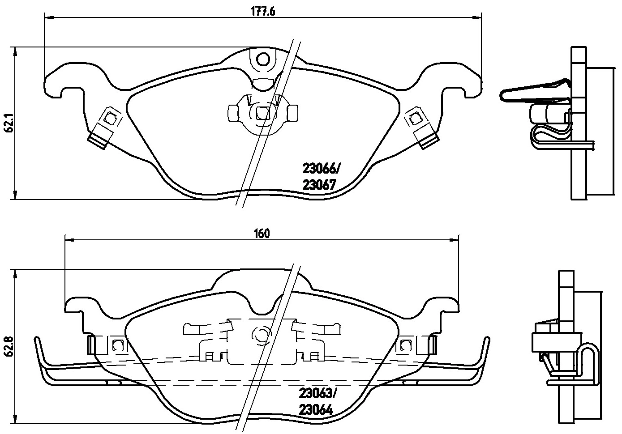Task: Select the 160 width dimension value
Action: tap(262, 233)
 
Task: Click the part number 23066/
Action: tap(322, 169)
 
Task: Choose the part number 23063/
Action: tap(317, 393)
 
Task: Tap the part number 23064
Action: tap(316, 409)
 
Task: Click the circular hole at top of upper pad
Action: tap(263, 59)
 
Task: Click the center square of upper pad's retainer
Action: tap(263, 113)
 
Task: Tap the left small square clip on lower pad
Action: tap(118, 345)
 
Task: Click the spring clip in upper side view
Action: tap(535, 92)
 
